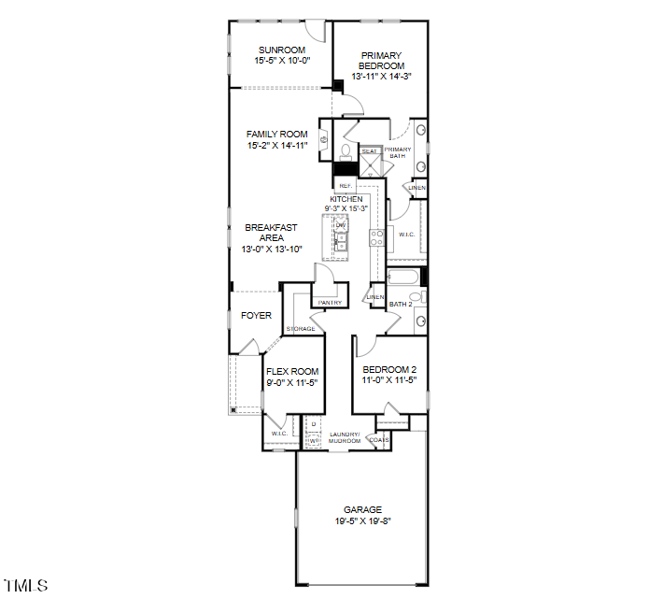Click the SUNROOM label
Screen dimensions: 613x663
[x=281, y=50]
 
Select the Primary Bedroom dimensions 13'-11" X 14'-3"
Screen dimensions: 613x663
[x=382, y=77]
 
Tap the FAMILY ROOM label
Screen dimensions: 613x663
[x=277, y=135]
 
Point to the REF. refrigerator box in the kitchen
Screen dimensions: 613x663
[x=346, y=186]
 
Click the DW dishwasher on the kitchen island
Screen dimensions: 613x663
[x=341, y=226]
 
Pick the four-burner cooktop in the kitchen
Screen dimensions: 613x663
[x=377, y=238]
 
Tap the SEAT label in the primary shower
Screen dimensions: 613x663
[x=370, y=150]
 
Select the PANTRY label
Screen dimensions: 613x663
[x=329, y=303]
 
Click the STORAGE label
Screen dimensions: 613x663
[x=300, y=329]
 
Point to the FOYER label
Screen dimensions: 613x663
[x=256, y=316]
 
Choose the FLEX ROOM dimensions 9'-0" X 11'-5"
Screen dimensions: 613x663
[x=292, y=382]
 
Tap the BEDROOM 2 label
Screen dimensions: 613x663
[x=389, y=370]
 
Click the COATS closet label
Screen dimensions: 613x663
[x=379, y=439]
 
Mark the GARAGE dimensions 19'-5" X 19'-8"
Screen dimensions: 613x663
[x=362, y=521]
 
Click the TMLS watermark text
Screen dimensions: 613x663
[x=26, y=586]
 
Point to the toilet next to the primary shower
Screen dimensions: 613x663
[x=345, y=150]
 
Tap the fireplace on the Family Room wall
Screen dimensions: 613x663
[x=325, y=141]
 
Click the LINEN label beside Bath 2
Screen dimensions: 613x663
[x=375, y=297]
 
